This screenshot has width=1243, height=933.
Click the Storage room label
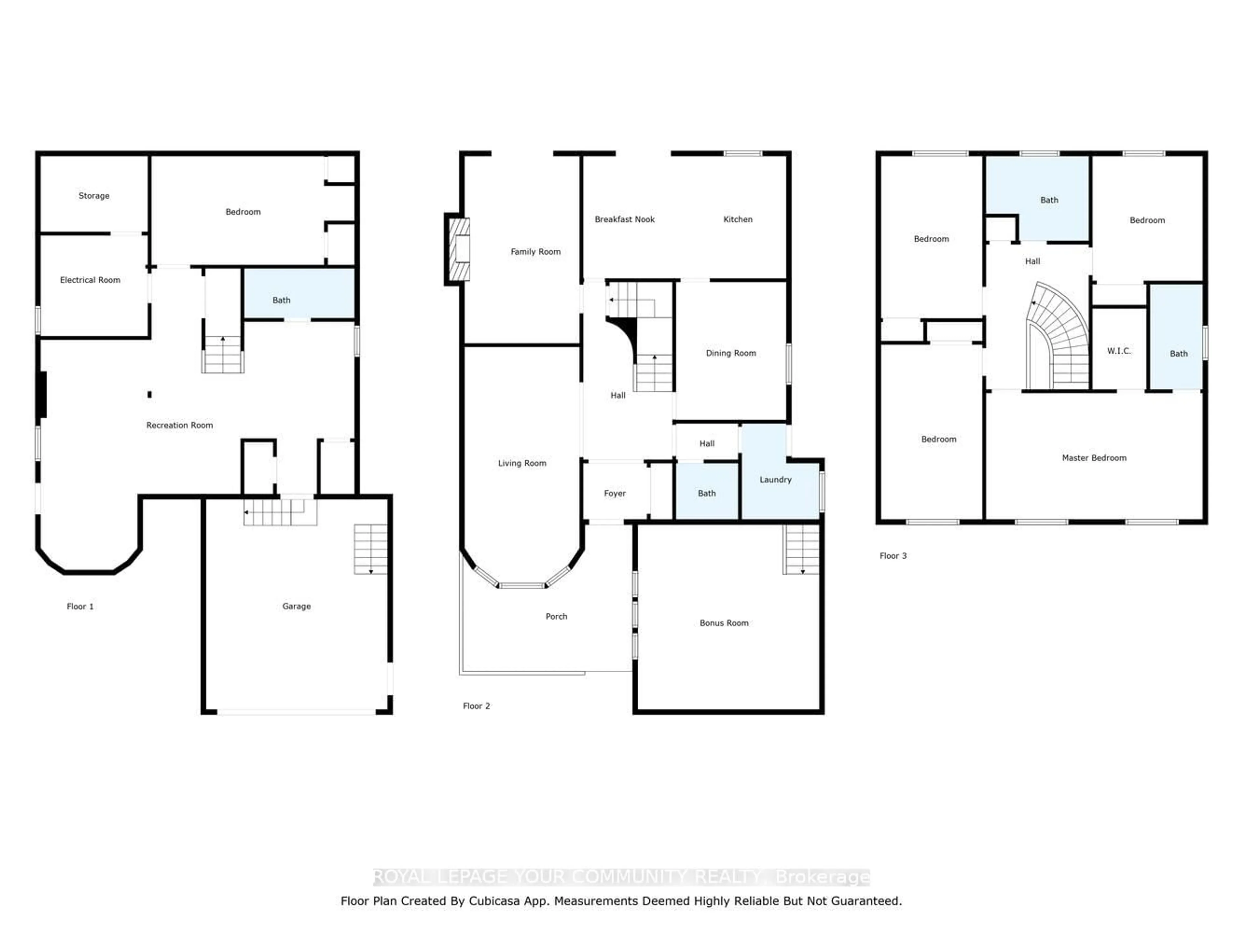94,196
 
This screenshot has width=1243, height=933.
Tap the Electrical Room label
90,280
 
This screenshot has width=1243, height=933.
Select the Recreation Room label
180,426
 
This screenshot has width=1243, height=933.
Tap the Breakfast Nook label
625,219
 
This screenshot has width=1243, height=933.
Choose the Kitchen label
738,219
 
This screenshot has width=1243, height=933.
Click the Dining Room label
731,353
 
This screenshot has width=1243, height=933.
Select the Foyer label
615,494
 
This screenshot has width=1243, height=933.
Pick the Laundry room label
776,479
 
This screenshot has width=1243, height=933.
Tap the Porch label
556,617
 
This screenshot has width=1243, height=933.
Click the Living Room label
522,463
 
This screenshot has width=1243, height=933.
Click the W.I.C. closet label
1119,351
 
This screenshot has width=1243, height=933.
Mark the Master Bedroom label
1094,458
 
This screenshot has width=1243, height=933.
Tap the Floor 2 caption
476,706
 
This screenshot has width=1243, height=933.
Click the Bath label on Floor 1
282,300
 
